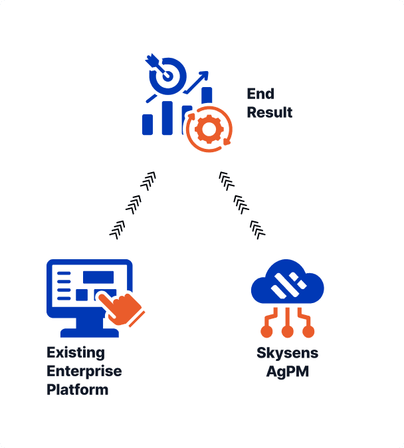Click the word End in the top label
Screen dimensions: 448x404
pyautogui.click(x=260, y=94)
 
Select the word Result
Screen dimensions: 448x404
pyautogui.click(x=269, y=112)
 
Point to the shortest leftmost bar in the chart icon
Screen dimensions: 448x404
pyautogui.click(x=148, y=124)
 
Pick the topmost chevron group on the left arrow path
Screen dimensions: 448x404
pyautogui.click(x=150, y=179)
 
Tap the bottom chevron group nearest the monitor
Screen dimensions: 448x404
pyautogui.click(x=118, y=229)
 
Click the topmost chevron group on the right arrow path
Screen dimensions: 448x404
pyautogui.click(x=226, y=179)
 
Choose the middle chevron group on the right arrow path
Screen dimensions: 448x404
pyautogui.click(x=241, y=203)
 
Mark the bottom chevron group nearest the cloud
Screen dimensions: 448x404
pyautogui.click(x=257, y=229)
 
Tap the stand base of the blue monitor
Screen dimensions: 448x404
pyautogui.click(x=89, y=332)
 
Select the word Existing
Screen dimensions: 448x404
pyautogui.click(x=75, y=352)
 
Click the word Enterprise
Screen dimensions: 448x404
pyautogui.click(x=84, y=371)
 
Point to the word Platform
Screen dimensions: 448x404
pyautogui.click(x=77, y=390)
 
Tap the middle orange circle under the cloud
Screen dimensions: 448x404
pyautogui.click(x=287, y=330)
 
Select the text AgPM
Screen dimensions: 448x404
pyautogui.click(x=287, y=372)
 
